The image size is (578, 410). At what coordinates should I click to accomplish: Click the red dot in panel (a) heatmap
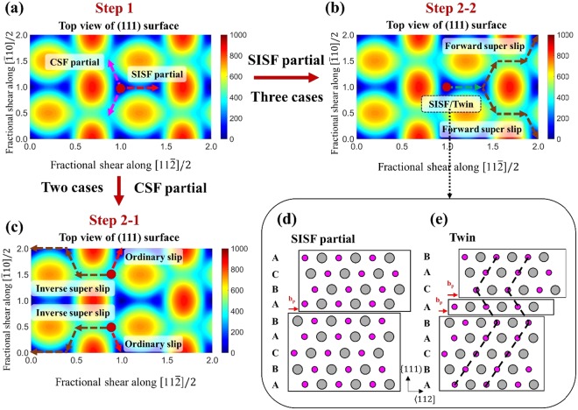(x=120, y=88)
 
